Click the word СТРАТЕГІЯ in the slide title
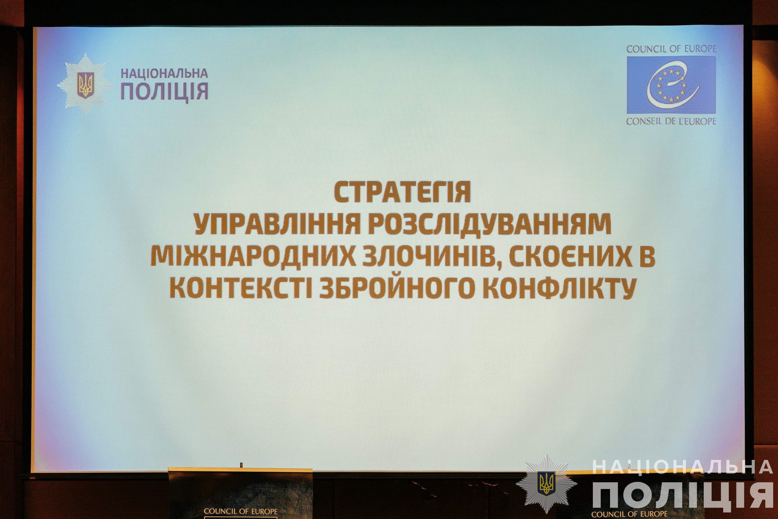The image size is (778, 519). click(x=402, y=192)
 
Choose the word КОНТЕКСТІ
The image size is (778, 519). click(x=240, y=288)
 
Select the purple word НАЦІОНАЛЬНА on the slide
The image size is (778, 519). click(x=164, y=73)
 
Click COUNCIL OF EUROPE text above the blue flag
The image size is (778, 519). click(x=671, y=49)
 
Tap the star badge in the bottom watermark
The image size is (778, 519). click(x=547, y=483)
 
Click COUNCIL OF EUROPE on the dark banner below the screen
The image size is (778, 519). click(x=240, y=511)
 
